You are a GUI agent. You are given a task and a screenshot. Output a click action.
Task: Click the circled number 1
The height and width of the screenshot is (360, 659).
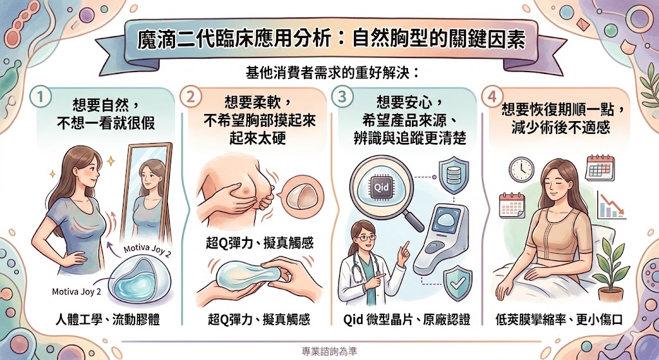(41, 97)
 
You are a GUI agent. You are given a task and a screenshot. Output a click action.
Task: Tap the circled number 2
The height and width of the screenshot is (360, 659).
(190, 97)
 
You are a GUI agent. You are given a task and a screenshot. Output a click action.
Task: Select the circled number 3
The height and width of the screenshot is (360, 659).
(342, 97)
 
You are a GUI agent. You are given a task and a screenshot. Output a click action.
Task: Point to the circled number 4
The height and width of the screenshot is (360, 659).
(492, 97)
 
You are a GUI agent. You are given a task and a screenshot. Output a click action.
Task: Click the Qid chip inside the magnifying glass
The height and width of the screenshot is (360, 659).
(381, 186)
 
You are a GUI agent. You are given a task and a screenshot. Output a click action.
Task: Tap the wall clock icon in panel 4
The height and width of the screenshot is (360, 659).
(521, 169)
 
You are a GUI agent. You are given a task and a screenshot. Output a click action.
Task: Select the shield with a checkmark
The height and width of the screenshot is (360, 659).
(458, 282)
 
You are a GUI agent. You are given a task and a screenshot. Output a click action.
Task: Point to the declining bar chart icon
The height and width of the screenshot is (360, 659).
(611, 205)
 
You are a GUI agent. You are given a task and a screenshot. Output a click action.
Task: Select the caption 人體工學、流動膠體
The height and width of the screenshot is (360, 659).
(107, 319)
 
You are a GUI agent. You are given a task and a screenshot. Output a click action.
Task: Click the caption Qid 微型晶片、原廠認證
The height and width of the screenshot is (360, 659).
(407, 319)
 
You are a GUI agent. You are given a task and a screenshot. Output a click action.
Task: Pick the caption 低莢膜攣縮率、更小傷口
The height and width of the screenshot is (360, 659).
(559, 319)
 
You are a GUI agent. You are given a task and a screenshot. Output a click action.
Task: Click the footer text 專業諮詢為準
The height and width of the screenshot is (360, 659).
(329, 351)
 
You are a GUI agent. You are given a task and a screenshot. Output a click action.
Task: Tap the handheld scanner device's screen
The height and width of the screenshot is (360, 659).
(447, 220)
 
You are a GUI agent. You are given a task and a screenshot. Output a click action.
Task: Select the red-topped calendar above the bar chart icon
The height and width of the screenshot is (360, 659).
(600, 168)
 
